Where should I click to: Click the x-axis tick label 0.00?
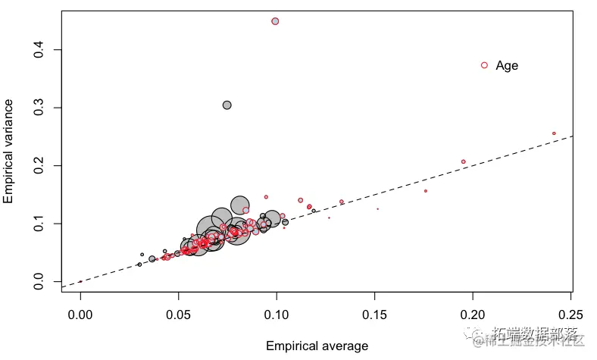pos(80,314)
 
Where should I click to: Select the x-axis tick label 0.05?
pos(178,314)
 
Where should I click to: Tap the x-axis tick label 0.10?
pos(277,314)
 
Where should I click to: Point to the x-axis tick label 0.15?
pos(375,314)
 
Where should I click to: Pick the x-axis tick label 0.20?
pos(473,314)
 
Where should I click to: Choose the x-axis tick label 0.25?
pos(570,314)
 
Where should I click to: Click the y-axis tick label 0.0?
pos(36,281)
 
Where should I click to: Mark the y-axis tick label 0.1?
pos(36,224)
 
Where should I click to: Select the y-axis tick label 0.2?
pos(36,165)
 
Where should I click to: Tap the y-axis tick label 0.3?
pos(36,108)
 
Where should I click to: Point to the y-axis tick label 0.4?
pos(36,50)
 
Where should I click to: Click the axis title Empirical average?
pos(317,346)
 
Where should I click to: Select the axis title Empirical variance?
pos(9,155)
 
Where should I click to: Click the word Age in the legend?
pos(507,66)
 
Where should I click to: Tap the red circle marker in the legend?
pos(485,65)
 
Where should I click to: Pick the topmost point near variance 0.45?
pos(275,21)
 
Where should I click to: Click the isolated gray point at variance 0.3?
pos(227,105)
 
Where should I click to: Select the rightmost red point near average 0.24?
pos(554,133)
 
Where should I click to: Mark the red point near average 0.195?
pos(464,161)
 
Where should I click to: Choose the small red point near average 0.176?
pos(426,191)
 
